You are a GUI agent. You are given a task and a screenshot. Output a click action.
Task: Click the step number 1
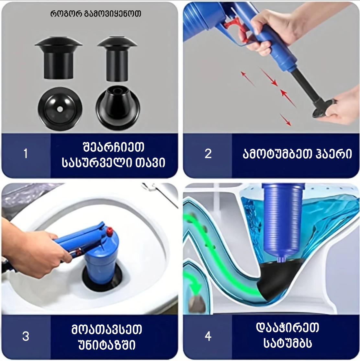(26, 154)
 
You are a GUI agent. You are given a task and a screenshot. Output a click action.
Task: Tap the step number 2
(208, 154)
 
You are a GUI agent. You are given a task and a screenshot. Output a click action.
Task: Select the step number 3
(26, 336)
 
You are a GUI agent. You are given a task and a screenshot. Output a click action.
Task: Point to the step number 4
(208, 336)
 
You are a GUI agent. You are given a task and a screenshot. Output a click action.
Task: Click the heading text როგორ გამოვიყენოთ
(96, 14)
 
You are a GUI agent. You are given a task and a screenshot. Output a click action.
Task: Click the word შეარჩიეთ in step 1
(113, 147)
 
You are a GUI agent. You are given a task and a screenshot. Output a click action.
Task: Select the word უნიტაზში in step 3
(107, 345)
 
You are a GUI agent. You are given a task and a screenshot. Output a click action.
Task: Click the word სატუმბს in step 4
(288, 343)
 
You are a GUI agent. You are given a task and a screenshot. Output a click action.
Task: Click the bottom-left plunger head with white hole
(60, 109)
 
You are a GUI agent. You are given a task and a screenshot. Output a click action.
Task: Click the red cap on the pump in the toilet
(110, 231)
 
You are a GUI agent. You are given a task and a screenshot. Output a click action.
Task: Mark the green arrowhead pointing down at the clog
(194, 286)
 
